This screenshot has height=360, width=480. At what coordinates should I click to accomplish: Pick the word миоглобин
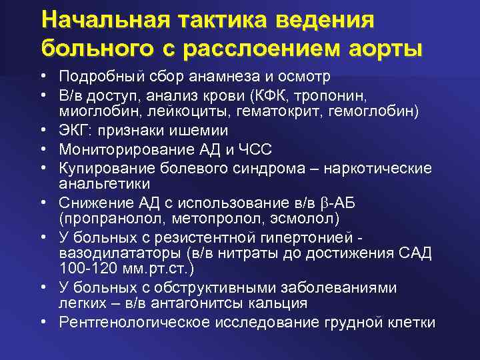coord(93,111)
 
